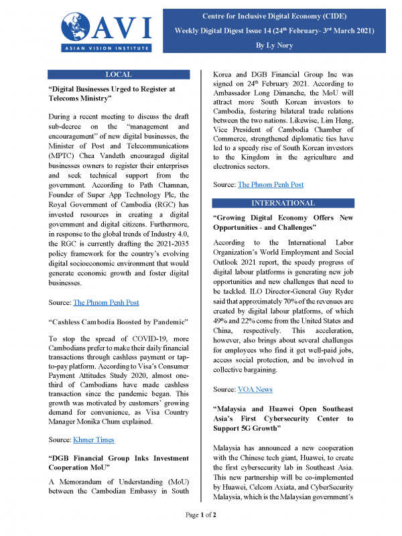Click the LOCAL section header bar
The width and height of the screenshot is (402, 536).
click(119, 74)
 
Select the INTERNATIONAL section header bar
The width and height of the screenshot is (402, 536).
click(282, 202)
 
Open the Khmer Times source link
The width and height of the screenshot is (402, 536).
click(94, 439)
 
